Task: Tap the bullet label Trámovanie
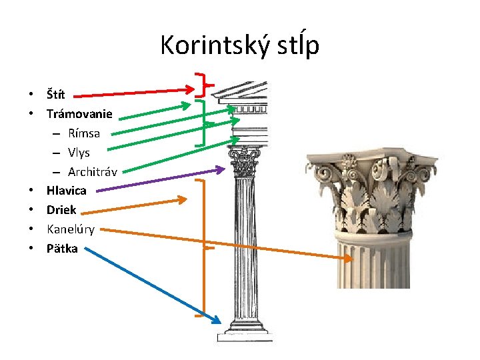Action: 79,114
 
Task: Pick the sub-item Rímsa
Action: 84,133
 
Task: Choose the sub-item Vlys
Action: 79,153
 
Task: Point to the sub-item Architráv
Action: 93,171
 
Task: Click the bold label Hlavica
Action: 66,191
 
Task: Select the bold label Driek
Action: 61,210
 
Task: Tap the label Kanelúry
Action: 70,229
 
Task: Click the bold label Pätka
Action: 62,249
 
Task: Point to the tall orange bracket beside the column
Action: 203,247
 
